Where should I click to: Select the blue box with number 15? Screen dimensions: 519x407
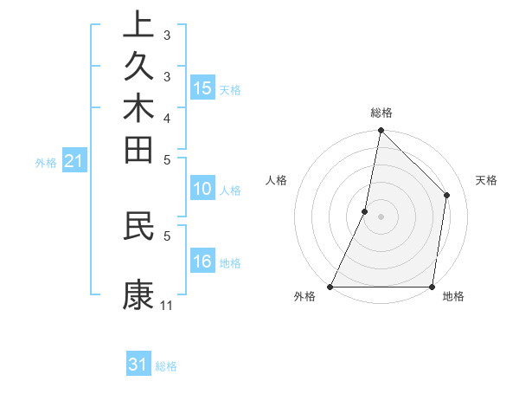(x=202, y=88)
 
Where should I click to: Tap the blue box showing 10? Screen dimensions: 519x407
(x=202, y=190)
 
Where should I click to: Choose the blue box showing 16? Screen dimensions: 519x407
(x=202, y=262)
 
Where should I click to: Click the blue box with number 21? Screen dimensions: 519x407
(x=74, y=160)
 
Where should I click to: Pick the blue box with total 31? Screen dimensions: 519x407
(x=138, y=365)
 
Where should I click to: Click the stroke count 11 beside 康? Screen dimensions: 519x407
(x=166, y=306)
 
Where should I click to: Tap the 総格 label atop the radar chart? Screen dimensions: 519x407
(x=381, y=113)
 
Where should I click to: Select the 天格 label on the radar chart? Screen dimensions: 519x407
(x=487, y=180)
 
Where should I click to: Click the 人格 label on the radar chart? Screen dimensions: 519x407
(x=276, y=180)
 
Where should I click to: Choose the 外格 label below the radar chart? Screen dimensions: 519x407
(x=304, y=297)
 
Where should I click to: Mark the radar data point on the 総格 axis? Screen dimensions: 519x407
(x=381, y=130)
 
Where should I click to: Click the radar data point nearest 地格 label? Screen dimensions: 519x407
(x=432, y=287)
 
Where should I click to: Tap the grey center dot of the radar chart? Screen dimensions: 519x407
(x=381, y=216)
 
